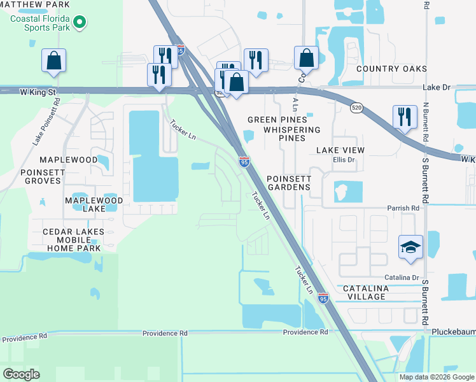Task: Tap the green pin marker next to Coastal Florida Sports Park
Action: click(80, 24)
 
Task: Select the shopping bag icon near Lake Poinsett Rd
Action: click(54, 62)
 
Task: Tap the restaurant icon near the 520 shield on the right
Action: click(405, 117)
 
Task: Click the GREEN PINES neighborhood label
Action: click(277, 120)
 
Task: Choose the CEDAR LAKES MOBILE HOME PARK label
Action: click(66, 239)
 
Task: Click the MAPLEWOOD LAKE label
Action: click(93, 204)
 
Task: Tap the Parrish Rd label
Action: click(403, 208)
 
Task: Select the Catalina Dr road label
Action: click(401, 278)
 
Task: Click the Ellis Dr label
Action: click(342, 160)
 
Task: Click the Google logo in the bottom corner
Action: click(22, 374)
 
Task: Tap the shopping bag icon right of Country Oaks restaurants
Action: click(306, 58)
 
